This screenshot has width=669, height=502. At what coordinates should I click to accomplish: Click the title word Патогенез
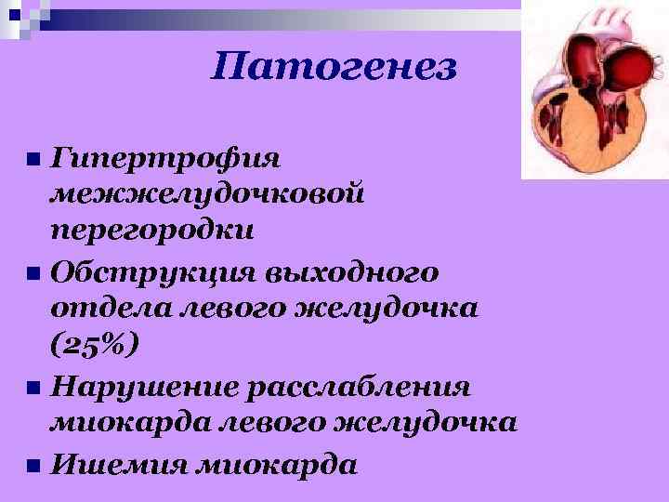pos(334,67)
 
